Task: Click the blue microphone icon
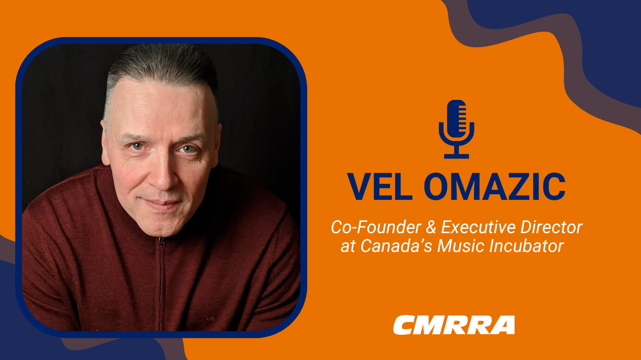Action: coord(456,129)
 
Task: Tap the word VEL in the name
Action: coord(380,187)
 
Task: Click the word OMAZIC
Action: coord(495,187)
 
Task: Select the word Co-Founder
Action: coord(376,227)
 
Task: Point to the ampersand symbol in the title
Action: coord(431,227)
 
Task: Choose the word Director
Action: coord(551,227)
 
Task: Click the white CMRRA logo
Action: coord(454,325)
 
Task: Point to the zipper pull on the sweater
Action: coord(162,241)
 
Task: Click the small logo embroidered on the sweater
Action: coord(211,318)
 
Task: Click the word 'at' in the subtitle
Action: coord(348,246)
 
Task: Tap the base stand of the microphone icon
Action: coord(456,156)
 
